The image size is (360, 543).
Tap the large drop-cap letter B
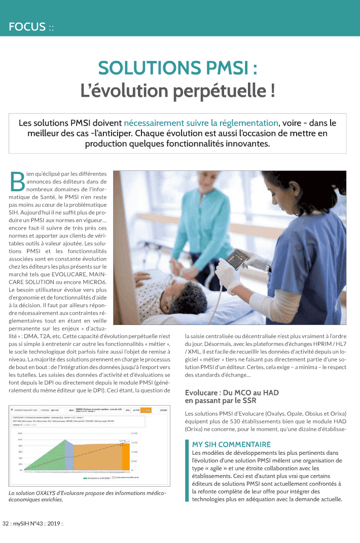[x=17, y=182]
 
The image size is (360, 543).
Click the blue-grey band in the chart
[x=69, y=459]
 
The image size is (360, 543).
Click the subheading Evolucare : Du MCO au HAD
[x=232, y=393]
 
